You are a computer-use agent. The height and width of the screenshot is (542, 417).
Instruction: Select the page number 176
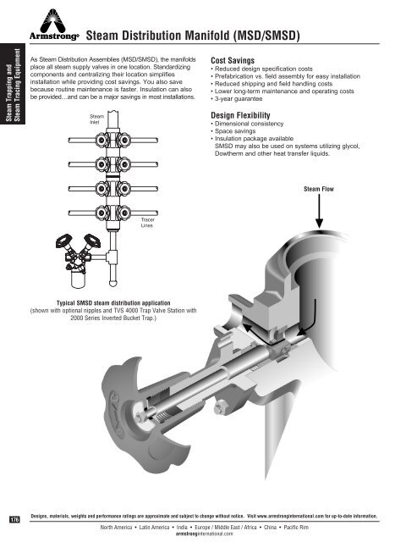14,518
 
